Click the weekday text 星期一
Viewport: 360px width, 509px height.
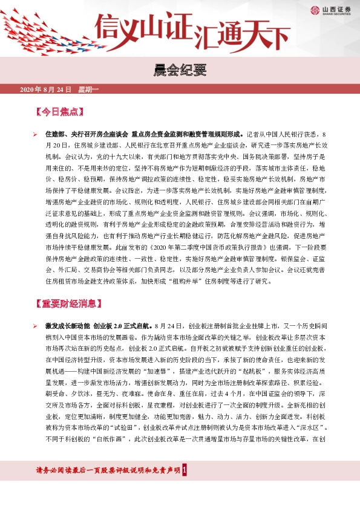[88, 90]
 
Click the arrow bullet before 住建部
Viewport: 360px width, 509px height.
[35, 134]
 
